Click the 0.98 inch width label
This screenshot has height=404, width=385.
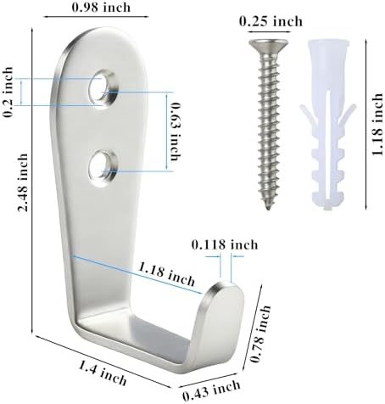(x=101, y=7)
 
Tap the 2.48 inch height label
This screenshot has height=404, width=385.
(x=23, y=182)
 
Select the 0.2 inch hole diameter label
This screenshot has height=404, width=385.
(x=8, y=93)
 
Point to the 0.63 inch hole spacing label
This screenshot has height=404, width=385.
(x=176, y=132)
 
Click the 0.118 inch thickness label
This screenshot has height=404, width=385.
(x=225, y=244)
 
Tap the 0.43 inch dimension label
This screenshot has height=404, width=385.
(x=211, y=390)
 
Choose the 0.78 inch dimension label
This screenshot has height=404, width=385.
(x=260, y=334)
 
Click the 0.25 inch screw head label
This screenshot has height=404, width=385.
(x=271, y=21)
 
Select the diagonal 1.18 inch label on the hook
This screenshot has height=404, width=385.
(x=166, y=274)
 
